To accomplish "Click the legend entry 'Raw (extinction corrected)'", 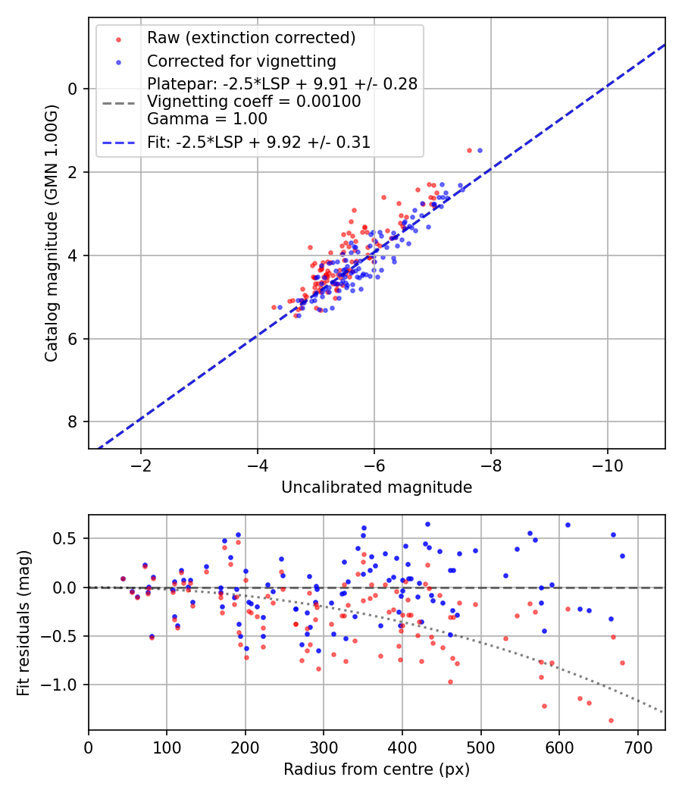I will (251, 38).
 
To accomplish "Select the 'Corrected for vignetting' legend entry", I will (241, 61).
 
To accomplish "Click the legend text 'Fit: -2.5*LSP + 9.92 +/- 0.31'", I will (258, 142).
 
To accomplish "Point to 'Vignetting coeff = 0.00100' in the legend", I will (254, 102).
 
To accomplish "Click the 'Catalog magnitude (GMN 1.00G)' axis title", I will (51, 233).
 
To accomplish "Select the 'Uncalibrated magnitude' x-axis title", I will (377, 487).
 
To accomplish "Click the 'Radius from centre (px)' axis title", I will (377, 769).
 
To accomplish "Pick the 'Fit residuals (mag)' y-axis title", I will (23, 622).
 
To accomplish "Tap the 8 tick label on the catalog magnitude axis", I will (74, 422).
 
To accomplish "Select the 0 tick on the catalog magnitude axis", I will (74, 89).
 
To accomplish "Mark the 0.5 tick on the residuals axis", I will (68, 539).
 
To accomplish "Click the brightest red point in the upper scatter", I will (469, 150).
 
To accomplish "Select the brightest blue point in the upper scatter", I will (479, 150).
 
